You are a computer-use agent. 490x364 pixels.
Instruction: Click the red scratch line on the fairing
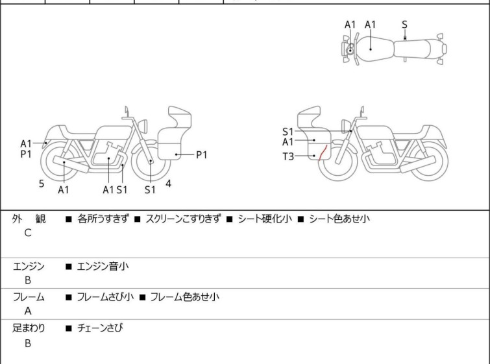click(x=319, y=152)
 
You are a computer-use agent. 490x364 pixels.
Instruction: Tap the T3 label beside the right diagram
click(x=288, y=156)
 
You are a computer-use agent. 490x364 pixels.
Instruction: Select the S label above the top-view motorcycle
click(x=404, y=25)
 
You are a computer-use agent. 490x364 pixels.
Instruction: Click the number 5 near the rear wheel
click(x=42, y=184)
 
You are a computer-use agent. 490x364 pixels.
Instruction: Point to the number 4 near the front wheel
click(x=168, y=184)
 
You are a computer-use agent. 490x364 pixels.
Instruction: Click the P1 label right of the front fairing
click(x=202, y=154)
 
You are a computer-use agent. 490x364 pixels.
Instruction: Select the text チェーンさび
click(x=99, y=328)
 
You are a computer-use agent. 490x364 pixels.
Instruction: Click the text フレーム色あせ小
click(x=185, y=297)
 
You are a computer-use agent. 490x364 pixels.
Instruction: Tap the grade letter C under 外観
click(x=28, y=233)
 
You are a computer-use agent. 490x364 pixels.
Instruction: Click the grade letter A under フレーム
click(x=28, y=311)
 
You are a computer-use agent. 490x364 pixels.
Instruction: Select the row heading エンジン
click(x=29, y=265)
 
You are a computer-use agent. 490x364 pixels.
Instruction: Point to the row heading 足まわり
click(x=29, y=328)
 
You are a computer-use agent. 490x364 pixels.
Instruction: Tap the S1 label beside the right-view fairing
click(x=288, y=132)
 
